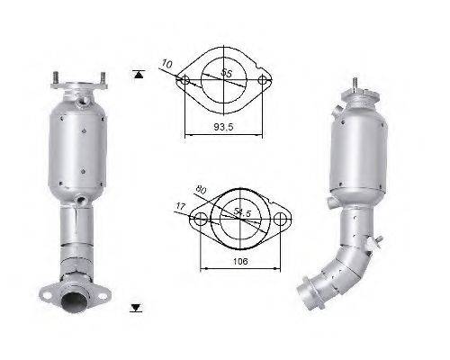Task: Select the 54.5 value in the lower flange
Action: pos(240,211)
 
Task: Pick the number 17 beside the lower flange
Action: pos(181,206)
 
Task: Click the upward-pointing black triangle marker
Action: pos(136,73)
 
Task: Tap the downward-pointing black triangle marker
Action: pos(136,308)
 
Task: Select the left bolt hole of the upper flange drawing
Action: pos(184,82)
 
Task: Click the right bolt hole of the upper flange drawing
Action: pos(264,82)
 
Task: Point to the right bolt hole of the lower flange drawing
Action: pos(281,219)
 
